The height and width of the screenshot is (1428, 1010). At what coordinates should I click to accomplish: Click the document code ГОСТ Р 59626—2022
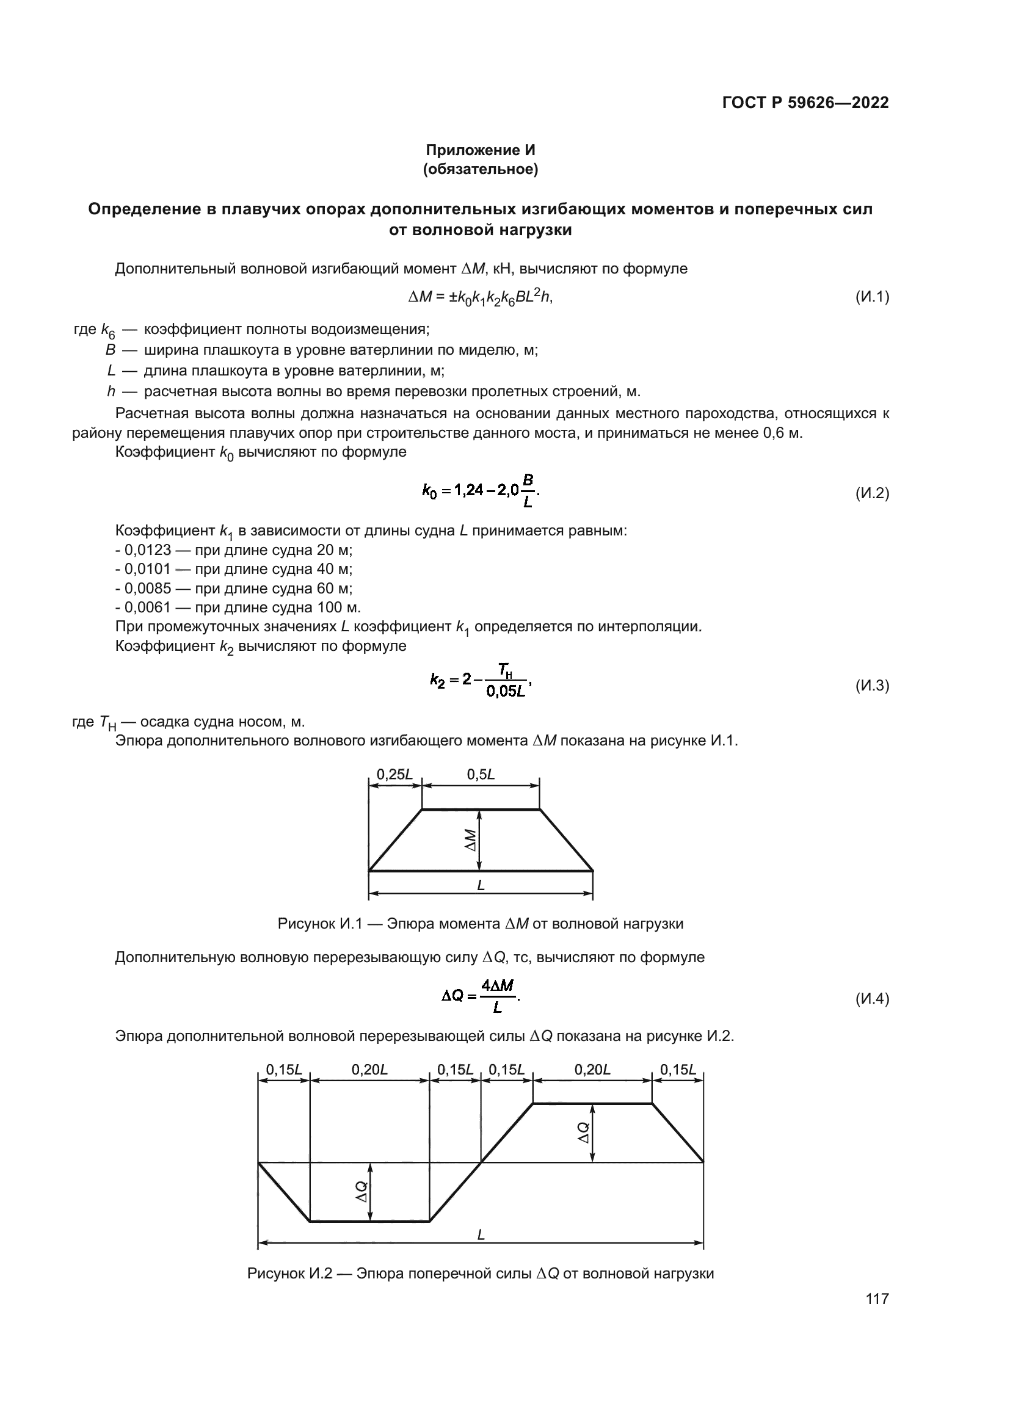click(x=805, y=103)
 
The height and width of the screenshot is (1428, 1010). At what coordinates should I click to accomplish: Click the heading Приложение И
click(x=479, y=150)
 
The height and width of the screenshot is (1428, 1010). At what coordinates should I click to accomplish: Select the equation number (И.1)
click(x=872, y=297)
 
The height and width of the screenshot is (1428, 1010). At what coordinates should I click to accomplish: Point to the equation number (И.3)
click(x=872, y=686)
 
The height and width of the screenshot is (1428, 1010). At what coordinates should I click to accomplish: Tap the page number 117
click(x=876, y=1299)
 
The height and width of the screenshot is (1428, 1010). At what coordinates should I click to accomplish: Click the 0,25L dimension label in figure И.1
click(x=394, y=774)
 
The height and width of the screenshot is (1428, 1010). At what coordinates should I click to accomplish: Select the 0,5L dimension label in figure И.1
click(x=480, y=774)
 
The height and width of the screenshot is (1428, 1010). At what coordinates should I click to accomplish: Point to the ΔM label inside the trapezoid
click(x=471, y=840)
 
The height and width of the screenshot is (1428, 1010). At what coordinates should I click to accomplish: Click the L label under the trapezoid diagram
click(x=481, y=886)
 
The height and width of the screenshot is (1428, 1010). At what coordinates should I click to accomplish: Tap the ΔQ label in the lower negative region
click(x=361, y=1192)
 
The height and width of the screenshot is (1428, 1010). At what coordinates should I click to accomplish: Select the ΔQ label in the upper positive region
click(x=583, y=1132)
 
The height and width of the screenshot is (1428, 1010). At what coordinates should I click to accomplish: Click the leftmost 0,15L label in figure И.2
click(x=283, y=1070)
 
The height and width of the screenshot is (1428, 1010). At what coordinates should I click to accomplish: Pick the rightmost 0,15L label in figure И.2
click(x=677, y=1070)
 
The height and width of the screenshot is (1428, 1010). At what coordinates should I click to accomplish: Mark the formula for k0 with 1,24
click(x=480, y=491)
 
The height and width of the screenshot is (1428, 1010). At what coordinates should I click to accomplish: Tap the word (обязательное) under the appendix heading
click(x=480, y=169)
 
